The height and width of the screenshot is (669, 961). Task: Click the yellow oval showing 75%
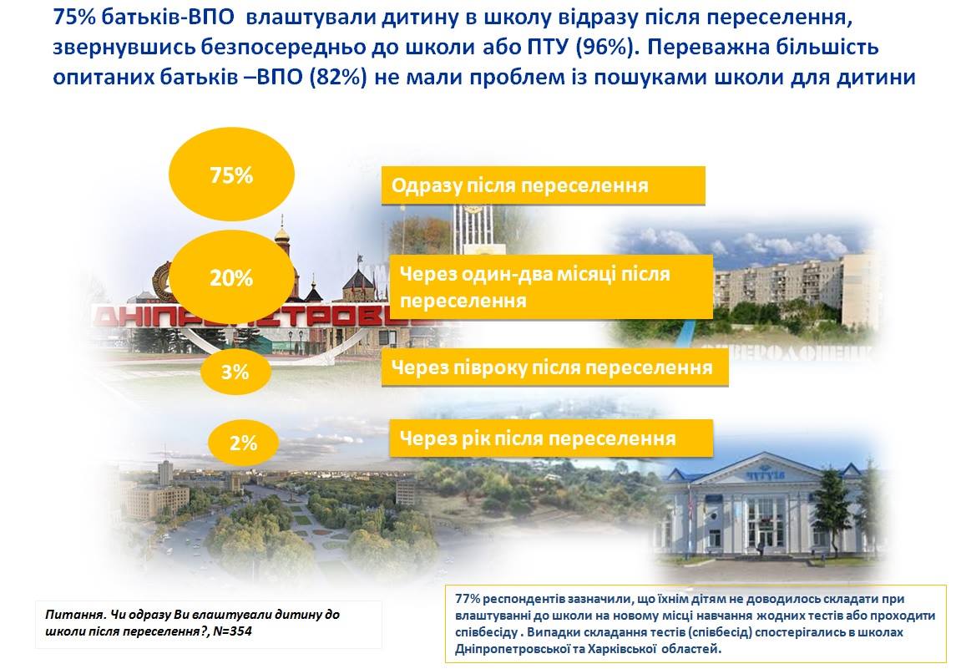pyautogui.click(x=231, y=175)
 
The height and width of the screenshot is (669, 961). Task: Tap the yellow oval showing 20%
pyautogui.click(x=231, y=278)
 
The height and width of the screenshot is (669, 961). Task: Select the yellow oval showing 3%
pyautogui.click(x=235, y=371)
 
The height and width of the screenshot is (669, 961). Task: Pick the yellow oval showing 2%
pyautogui.click(x=243, y=442)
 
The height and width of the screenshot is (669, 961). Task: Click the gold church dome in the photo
pyautogui.click(x=282, y=234)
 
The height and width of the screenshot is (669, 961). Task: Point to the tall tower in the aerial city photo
pyautogui.click(x=164, y=473)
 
